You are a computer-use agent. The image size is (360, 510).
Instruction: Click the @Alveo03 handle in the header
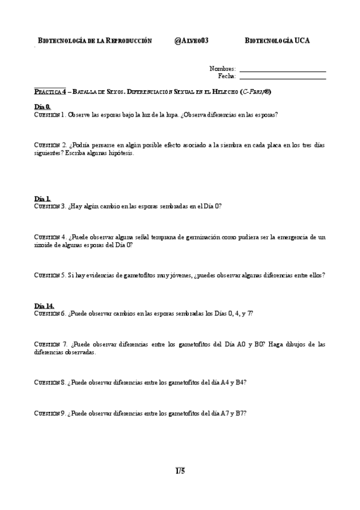(191, 41)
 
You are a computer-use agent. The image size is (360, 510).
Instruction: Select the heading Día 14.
(44, 306)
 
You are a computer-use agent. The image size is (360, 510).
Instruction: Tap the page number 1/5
(180, 470)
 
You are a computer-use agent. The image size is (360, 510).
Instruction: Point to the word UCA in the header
(302, 41)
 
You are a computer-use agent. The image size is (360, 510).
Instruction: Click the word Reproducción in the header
(129, 41)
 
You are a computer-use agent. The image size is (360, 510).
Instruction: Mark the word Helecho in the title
(223, 91)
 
